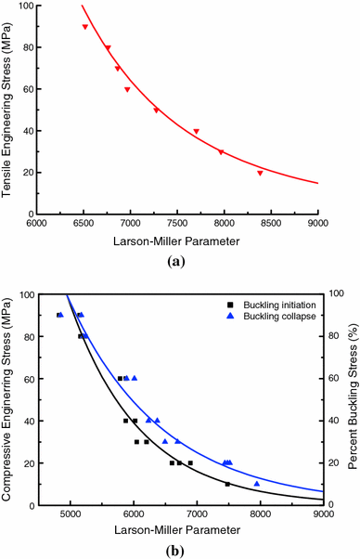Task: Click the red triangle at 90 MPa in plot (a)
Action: click(x=85, y=27)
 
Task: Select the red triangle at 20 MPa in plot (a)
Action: click(x=260, y=173)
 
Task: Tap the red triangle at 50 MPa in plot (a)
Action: click(x=156, y=110)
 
